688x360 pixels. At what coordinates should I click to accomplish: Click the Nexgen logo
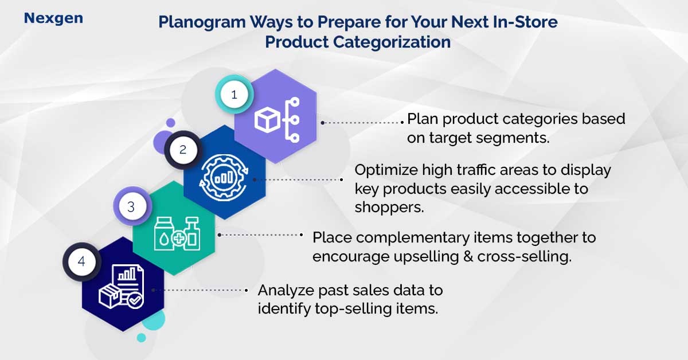(x=53, y=18)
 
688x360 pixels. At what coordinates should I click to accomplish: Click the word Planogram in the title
(x=202, y=22)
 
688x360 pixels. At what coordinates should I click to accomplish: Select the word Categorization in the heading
(x=392, y=42)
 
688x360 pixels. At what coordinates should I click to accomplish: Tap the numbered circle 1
(x=234, y=95)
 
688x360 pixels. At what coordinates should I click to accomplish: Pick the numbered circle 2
(x=183, y=150)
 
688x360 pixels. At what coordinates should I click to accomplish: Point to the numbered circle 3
(x=132, y=206)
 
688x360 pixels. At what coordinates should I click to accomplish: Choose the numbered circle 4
(x=81, y=262)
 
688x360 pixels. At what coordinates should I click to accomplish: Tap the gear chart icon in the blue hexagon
(x=224, y=178)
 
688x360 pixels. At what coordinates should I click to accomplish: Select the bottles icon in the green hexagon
(x=177, y=233)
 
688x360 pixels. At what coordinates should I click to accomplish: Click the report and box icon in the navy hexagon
(x=122, y=286)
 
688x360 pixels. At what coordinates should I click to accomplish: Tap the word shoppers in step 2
(x=389, y=208)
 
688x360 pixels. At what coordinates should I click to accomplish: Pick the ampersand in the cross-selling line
(x=468, y=256)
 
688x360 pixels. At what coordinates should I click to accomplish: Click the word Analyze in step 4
(x=286, y=291)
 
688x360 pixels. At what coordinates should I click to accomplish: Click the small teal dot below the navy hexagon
(x=141, y=338)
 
